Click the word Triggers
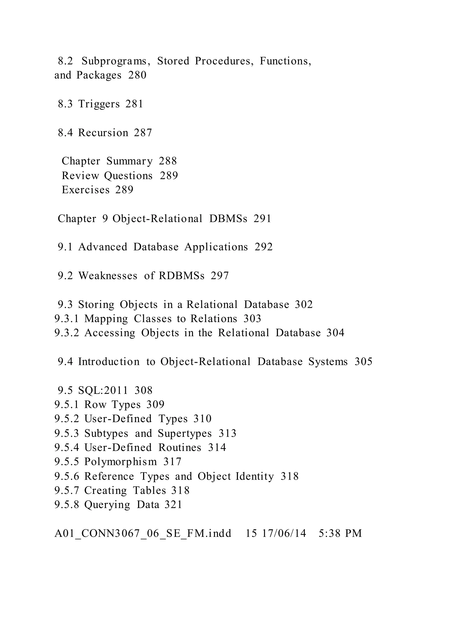(99, 104)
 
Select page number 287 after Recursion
(143, 133)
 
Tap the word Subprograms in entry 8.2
(116, 61)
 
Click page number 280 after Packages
(137, 75)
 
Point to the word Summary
(129, 161)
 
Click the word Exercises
(86, 190)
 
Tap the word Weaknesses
(108, 276)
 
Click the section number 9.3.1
(67, 319)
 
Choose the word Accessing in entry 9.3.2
(110, 333)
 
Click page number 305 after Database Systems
(363, 362)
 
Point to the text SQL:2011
(103, 391)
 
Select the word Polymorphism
(121, 462)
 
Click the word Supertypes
(185, 433)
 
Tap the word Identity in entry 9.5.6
(255, 476)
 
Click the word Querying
(107, 505)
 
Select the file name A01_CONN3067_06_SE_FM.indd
(143, 534)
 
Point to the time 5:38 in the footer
(330, 534)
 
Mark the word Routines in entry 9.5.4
(180, 448)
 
